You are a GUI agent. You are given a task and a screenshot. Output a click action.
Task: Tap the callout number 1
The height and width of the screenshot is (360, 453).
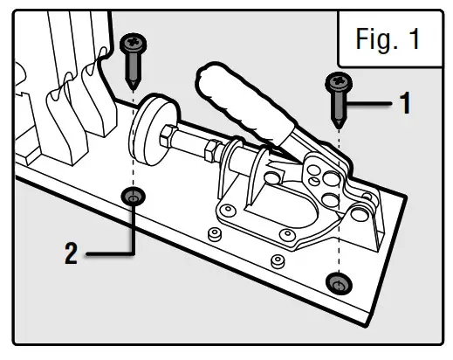coord(403,104)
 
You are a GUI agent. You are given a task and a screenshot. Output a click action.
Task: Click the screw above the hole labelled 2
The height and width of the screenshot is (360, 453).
coord(133,58)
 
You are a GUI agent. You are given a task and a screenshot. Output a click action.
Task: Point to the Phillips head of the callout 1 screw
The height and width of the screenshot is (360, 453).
coord(337,82)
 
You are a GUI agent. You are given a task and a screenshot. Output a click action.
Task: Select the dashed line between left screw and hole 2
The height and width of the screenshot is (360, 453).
coord(133,140)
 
